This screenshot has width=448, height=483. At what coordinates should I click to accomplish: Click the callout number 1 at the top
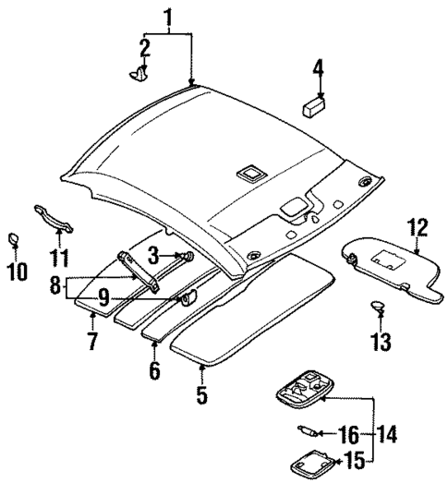(168, 17)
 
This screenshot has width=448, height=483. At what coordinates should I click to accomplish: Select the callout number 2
(144, 46)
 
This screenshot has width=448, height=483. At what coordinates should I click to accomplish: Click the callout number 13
(381, 344)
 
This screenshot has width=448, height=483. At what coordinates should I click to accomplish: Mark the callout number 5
(201, 398)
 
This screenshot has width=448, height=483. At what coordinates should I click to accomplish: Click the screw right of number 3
(188, 256)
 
